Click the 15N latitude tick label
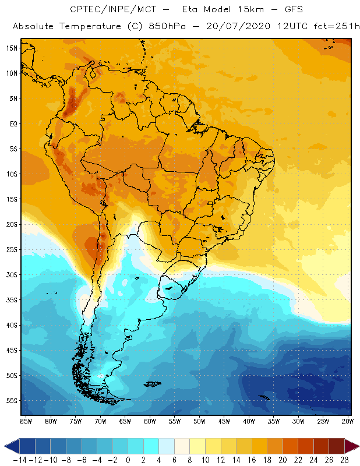[12, 48]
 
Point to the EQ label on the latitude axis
[12, 123]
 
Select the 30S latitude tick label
[12, 274]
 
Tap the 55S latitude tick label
[12, 400]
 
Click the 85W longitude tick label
[26, 421]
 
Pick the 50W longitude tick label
[200, 421]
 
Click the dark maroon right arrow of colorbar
[352, 446]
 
